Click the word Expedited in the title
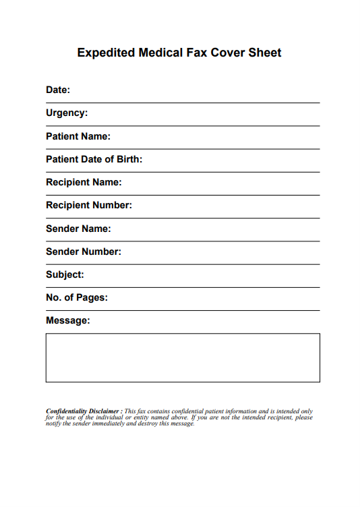point(106,53)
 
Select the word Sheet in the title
point(265,53)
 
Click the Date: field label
point(58,90)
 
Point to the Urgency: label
point(67,113)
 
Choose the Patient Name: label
point(78,136)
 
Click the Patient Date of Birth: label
point(94,159)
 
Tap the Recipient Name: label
point(84,182)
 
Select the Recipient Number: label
point(89,205)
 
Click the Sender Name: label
point(78,229)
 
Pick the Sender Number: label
point(84,251)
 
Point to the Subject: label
point(65,274)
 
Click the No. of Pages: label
point(77,297)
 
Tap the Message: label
point(67,320)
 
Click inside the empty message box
point(183,357)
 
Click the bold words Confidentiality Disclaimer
point(84,411)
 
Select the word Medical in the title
point(160,53)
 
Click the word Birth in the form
point(128,159)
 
